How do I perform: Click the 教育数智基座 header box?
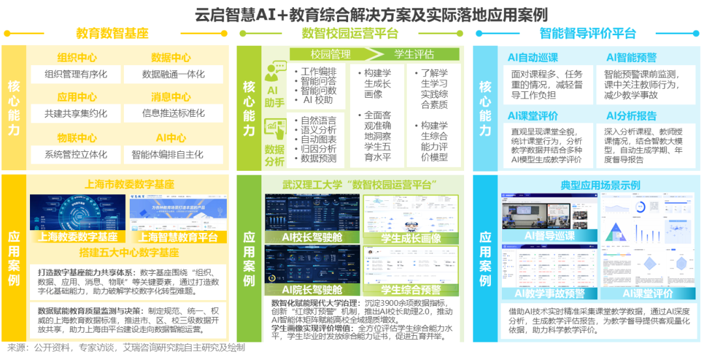click(x=112, y=33)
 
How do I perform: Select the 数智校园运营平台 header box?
click(x=350, y=33)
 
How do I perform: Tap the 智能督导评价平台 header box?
click(x=587, y=33)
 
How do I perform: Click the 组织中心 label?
click(x=77, y=58)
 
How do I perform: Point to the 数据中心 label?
click(x=171, y=58)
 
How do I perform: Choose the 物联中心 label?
click(x=77, y=138)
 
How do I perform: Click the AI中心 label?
click(x=171, y=138)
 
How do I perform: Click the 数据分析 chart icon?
click(x=275, y=127)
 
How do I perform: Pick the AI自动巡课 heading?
click(x=533, y=58)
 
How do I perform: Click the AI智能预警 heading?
click(x=631, y=58)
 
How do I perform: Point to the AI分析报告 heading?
click(x=631, y=116)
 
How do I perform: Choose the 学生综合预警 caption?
click(x=411, y=290)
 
